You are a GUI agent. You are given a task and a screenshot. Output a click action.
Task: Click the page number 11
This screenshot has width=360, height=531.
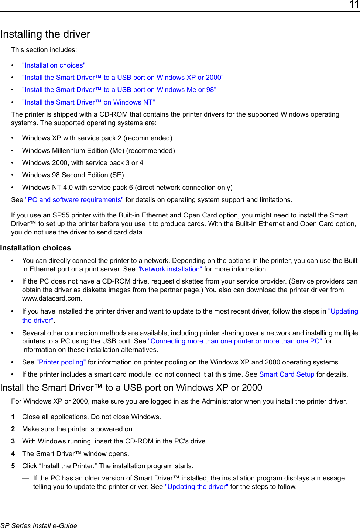354,4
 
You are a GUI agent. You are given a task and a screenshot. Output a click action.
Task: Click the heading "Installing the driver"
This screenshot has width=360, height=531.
45,34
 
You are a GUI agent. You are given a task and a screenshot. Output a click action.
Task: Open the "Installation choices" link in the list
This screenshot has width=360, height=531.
54,65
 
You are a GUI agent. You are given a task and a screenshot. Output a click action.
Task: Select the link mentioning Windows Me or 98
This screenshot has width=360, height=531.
119,90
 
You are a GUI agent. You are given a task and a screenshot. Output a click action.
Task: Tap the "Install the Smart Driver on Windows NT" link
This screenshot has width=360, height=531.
88,102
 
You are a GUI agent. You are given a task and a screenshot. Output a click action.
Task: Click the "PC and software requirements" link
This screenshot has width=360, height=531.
74,200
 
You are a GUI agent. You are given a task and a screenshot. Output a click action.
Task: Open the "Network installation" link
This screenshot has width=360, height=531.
169,269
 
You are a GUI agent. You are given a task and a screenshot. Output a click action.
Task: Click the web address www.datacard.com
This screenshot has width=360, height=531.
52,298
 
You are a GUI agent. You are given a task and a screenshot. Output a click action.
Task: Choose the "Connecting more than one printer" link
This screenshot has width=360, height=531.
235,341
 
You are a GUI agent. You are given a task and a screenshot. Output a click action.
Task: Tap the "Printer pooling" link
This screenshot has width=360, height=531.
61,362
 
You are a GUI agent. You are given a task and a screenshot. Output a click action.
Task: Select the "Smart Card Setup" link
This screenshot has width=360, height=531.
287,374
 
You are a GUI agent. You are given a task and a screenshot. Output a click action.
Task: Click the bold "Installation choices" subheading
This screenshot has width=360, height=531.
35,248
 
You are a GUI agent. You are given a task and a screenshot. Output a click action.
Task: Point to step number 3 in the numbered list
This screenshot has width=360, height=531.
13,441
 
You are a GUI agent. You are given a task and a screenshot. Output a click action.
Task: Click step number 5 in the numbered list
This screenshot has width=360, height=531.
13,466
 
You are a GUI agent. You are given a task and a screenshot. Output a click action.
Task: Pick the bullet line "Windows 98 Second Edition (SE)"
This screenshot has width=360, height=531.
73,175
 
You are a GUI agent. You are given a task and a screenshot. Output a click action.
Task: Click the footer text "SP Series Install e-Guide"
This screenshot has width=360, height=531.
39,526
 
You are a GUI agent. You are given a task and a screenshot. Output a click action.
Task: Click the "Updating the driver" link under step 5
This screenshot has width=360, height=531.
196,487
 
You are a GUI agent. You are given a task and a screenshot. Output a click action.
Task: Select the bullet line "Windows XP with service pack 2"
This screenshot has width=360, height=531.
97,138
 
